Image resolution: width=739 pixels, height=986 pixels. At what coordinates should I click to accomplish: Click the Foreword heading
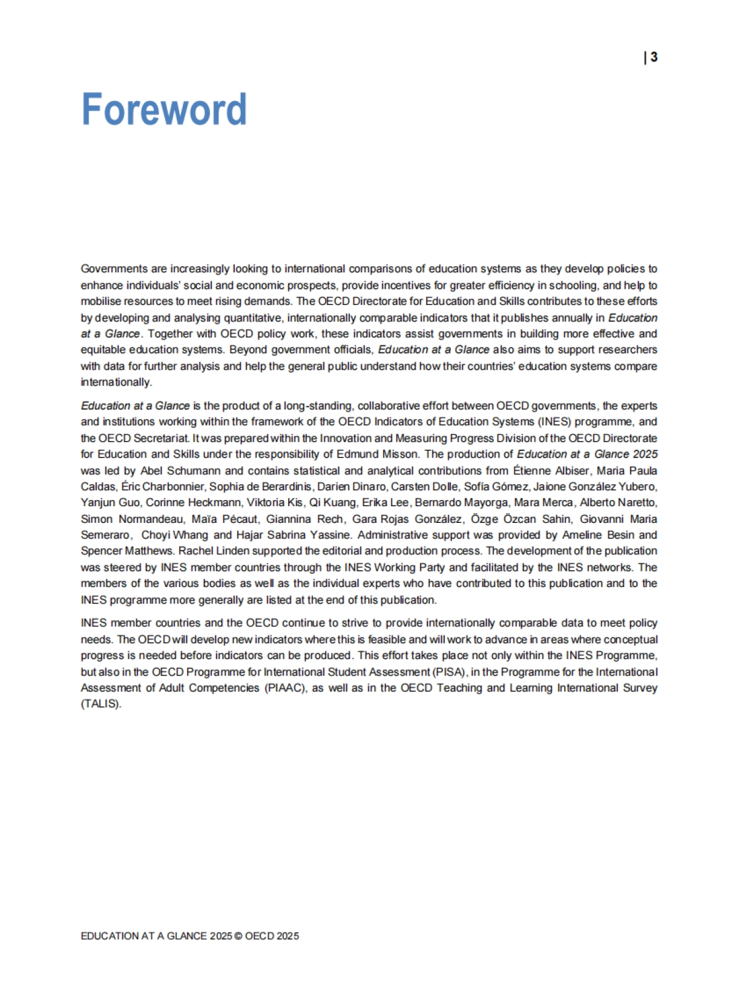pyautogui.click(x=164, y=109)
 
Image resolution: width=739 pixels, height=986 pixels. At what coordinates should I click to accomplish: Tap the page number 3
pyautogui.click(x=653, y=57)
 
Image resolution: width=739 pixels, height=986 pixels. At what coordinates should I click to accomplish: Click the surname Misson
pyautogui.click(x=400, y=455)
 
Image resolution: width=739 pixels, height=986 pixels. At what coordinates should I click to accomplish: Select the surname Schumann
pyautogui.click(x=194, y=471)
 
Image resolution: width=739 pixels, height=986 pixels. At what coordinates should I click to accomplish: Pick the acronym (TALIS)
pyautogui.click(x=101, y=704)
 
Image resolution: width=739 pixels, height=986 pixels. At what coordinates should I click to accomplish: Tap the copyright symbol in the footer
pyautogui.click(x=238, y=936)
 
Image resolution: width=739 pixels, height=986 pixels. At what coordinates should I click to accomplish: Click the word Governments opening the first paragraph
pyautogui.click(x=114, y=269)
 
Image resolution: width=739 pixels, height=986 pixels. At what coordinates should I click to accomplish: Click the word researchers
pyautogui.click(x=628, y=350)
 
